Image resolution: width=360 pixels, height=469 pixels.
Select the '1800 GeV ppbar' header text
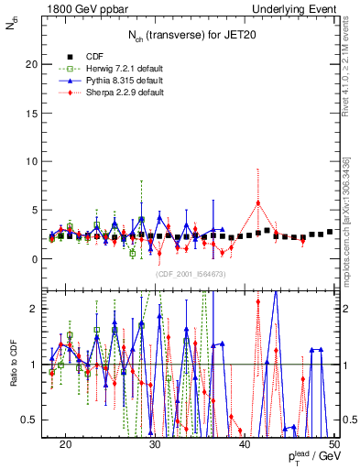[x=82, y=8]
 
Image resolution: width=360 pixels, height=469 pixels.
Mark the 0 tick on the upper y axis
[x=38, y=258]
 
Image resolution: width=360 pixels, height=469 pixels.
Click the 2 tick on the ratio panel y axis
[x=38, y=309]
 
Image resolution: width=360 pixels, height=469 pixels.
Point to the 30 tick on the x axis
[x=155, y=444]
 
